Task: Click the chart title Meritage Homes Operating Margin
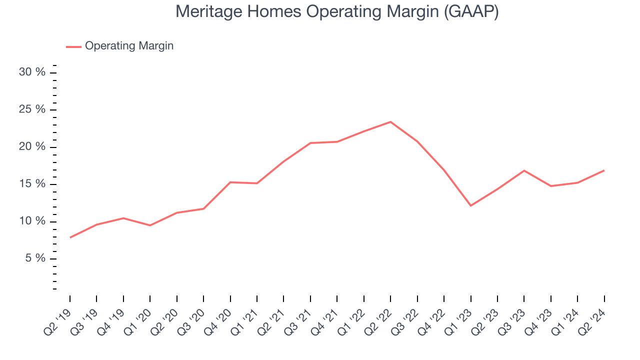pyautogui.click(x=337, y=12)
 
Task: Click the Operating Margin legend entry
pyautogui.click(x=129, y=46)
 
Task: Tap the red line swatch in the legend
pyautogui.click(x=73, y=46)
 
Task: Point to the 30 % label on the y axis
pyautogui.click(x=32, y=72)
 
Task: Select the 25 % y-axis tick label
pyautogui.click(x=32, y=110)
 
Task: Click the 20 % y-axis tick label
pyautogui.click(x=32, y=147)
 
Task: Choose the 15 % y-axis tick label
pyautogui.click(x=32, y=184)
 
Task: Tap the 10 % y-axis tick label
pyautogui.click(x=32, y=221)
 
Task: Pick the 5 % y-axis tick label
pyautogui.click(x=35, y=259)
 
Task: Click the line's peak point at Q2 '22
pyautogui.click(x=390, y=121)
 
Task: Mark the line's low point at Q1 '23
pyautogui.click(x=470, y=205)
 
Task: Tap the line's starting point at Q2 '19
pyautogui.click(x=70, y=237)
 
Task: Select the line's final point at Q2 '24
pyautogui.click(x=604, y=170)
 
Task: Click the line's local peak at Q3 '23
pyautogui.click(x=524, y=170)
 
